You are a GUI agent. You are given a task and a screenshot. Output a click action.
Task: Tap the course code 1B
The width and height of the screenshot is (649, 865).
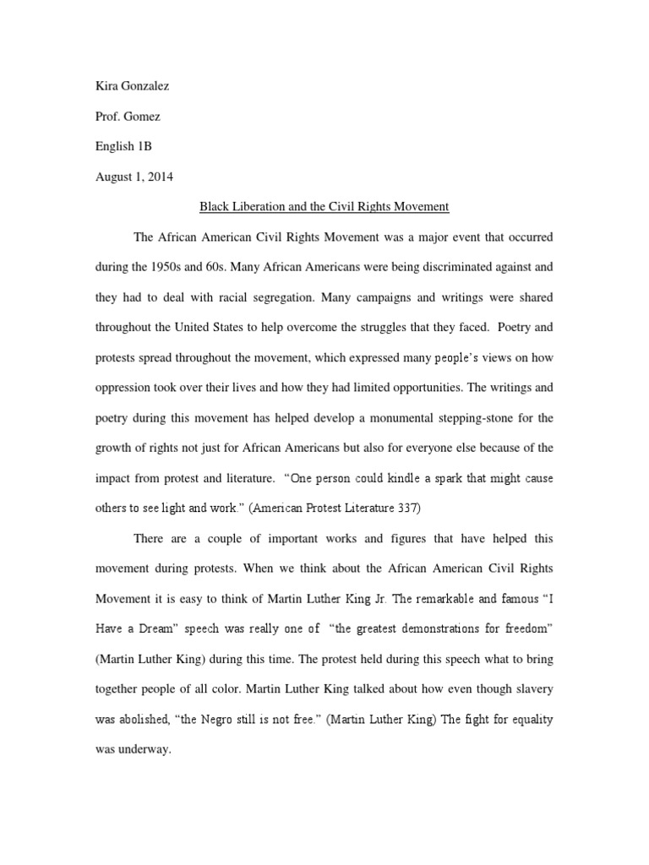[x=143, y=146]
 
